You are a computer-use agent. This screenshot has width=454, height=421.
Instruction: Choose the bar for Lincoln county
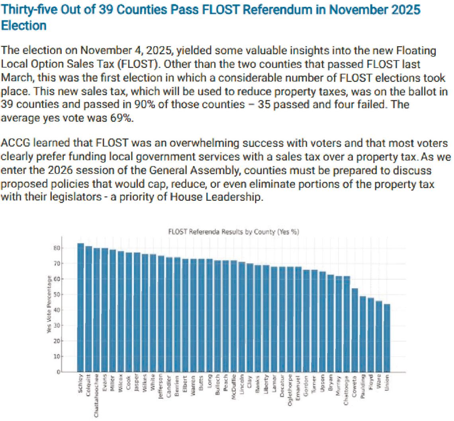[x=242, y=317]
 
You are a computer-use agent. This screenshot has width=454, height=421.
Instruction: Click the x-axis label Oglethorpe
[x=290, y=387]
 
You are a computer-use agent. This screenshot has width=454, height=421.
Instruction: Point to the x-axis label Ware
[x=379, y=380]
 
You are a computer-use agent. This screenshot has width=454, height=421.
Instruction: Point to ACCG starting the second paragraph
[x=14, y=143]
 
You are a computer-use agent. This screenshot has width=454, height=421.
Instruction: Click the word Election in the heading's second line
[x=24, y=26]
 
